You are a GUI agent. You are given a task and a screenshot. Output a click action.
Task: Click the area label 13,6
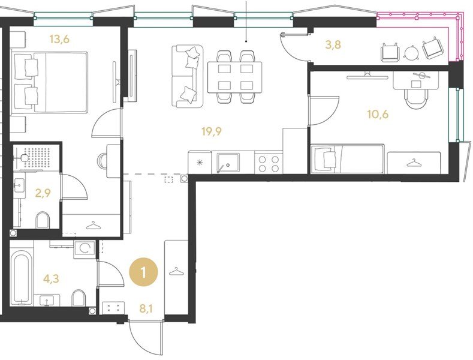[59, 39]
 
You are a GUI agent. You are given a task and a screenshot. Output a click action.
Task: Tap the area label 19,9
[212, 131]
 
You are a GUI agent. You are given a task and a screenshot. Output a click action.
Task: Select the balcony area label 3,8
[334, 44]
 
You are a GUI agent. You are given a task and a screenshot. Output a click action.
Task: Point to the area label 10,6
[378, 114]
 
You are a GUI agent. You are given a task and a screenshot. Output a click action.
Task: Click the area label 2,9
[43, 193]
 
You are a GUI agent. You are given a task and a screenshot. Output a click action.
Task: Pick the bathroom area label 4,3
[51, 278]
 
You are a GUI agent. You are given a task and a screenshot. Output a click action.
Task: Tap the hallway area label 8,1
[146, 308]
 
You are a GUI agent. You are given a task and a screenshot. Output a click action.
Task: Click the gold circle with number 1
[144, 273]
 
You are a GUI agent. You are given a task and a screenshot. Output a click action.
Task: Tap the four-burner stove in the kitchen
[268, 163]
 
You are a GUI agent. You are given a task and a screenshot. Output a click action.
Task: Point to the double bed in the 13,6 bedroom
[50, 82]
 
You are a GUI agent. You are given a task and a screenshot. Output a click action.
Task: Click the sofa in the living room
[187, 76]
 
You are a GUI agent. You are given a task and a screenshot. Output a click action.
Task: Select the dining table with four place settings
[234, 77]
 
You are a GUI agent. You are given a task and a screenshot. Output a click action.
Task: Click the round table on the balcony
[411, 54]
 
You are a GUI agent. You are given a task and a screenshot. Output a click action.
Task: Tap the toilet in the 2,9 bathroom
[42, 220]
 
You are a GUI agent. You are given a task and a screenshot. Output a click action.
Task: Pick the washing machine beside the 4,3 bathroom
[85, 249]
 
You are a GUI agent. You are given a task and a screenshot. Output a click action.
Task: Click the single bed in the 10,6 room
[348, 159]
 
